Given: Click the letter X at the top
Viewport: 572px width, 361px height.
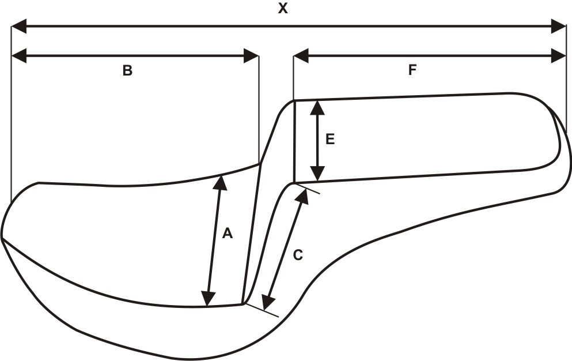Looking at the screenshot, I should click(x=282, y=8).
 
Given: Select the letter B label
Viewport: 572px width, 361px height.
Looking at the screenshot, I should click(x=127, y=71).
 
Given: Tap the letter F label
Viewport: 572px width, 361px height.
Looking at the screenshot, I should click(x=412, y=70).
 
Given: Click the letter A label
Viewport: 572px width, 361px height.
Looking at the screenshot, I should click(x=227, y=234).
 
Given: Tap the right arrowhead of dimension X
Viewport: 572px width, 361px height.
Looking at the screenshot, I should click(x=559, y=26).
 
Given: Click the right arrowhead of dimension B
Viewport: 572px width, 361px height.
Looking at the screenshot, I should click(x=251, y=56).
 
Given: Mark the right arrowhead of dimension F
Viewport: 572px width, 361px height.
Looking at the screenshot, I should click(x=559, y=56).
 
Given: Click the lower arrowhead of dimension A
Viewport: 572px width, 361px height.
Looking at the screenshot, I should click(x=209, y=299).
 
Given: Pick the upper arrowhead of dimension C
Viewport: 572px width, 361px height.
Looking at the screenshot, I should click(x=301, y=196).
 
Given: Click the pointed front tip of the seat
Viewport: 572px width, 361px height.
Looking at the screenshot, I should click(x=2, y=238).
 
